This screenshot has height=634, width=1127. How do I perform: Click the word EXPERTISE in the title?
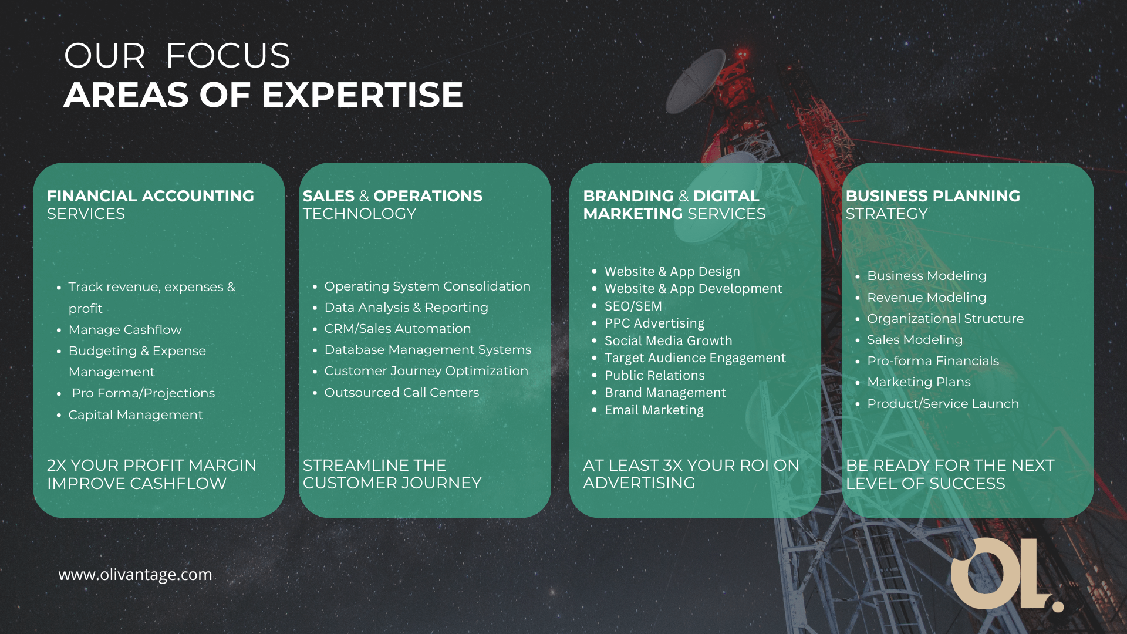362,95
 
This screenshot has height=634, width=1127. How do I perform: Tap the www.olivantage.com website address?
135,575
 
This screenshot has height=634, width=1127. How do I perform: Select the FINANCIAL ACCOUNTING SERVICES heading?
150,204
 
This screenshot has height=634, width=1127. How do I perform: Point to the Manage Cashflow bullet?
125,330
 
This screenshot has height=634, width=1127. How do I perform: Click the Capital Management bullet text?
136,415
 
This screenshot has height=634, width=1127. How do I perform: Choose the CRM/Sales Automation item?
397,329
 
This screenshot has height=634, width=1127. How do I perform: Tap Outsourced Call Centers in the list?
401,393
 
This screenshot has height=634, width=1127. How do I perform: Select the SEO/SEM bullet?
633,306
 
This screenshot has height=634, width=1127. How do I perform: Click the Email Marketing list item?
654,410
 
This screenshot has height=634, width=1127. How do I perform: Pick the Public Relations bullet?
654,376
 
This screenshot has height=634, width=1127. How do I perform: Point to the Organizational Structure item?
945,319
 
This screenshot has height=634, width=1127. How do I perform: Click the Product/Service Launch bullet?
943,404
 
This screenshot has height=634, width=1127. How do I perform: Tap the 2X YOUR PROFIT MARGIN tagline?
151,466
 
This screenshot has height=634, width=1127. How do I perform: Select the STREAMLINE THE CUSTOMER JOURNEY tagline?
392,474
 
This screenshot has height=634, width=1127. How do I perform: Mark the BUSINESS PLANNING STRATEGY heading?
933,204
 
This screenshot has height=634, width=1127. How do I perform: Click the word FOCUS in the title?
228,56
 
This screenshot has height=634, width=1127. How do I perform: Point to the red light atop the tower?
743,54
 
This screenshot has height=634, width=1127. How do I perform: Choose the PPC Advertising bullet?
654,323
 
